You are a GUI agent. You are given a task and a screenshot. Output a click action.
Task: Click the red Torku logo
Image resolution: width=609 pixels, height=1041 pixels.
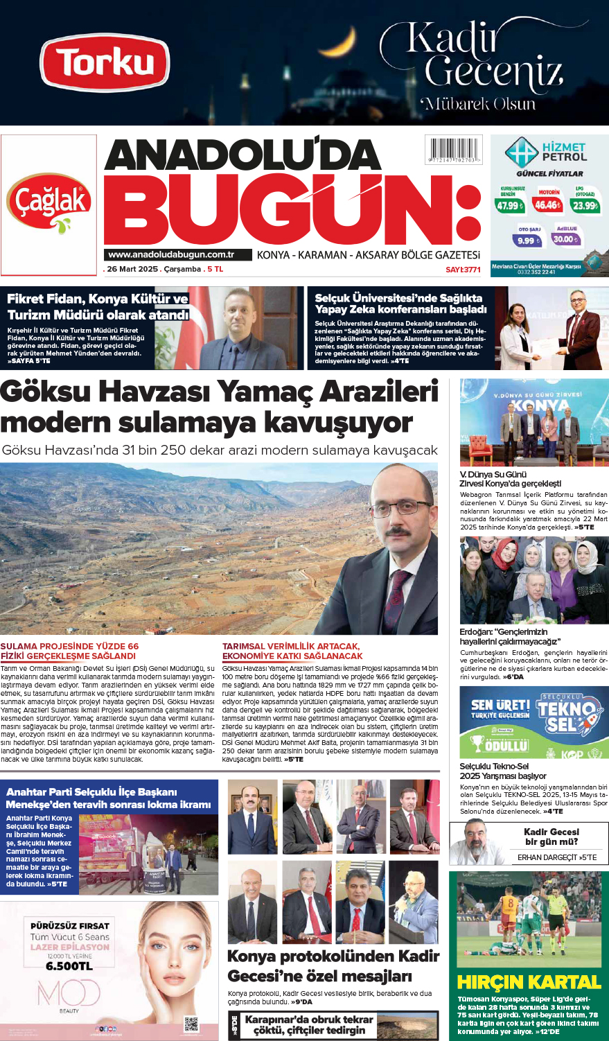(x=105, y=62)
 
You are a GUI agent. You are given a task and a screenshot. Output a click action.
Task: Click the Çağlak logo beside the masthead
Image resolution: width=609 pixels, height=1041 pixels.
(x=48, y=203)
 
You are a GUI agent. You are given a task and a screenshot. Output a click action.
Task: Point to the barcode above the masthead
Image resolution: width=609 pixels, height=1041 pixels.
(x=454, y=150)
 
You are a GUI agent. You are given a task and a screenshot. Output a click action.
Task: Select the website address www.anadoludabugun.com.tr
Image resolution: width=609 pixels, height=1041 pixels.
(x=171, y=254)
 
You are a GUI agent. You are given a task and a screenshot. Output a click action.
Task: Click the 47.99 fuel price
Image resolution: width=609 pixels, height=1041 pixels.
(x=510, y=205)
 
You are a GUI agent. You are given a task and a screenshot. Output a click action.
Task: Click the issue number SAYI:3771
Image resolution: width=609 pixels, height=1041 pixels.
(x=463, y=269)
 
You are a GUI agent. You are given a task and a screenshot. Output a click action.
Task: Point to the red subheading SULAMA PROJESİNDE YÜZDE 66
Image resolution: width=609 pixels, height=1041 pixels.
(x=69, y=646)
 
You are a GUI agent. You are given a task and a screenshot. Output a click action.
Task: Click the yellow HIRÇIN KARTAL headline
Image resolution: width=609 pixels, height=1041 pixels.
(x=529, y=982)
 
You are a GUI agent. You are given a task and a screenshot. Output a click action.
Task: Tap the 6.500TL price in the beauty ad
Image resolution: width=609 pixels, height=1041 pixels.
(x=69, y=965)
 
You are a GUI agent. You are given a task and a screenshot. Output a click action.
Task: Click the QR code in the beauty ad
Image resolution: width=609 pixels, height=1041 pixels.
(x=191, y=1023)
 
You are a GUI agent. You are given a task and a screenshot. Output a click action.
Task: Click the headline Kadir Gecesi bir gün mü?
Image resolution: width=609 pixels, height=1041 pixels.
(x=551, y=837)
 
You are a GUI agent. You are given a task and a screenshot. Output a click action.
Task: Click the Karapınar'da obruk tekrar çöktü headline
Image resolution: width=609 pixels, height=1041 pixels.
(x=309, y=1024)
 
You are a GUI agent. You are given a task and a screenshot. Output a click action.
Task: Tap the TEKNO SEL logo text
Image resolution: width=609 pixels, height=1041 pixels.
(x=567, y=716)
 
